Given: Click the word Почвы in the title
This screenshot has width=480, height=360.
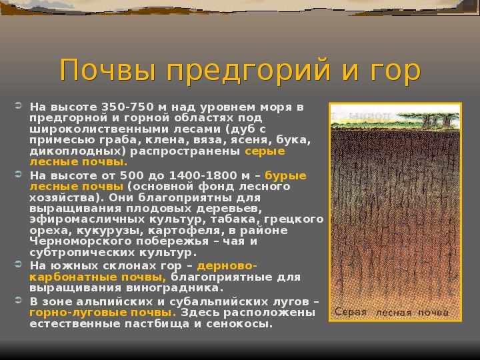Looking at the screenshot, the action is pyautogui.click(x=108, y=70).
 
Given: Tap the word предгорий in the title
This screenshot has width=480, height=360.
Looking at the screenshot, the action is pyautogui.click(x=248, y=71).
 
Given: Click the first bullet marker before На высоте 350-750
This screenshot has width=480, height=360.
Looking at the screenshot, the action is pyautogui.click(x=19, y=106).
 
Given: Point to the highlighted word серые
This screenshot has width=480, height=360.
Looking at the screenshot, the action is pyautogui.click(x=265, y=151).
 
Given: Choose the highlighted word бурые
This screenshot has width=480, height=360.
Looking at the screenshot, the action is pyautogui.click(x=285, y=176).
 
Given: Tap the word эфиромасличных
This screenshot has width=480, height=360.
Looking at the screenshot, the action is pyautogui.click(x=87, y=219).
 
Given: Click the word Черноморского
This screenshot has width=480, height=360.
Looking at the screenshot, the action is pyautogui.click(x=81, y=241).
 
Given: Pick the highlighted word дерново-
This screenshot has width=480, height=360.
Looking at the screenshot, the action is pyautogui.click(x=227, y=266).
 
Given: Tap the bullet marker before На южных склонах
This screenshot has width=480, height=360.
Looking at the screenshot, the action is pyautogui.click(x=19, y=264).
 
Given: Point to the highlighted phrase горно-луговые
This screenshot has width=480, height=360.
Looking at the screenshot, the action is pyautogui.click(x=79, y=313).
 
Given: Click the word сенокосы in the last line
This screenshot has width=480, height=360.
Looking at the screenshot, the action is pyautogui.click(x=239, y=323).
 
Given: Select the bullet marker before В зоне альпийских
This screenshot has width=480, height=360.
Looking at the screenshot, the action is pyautogui.click(x=19, y=300).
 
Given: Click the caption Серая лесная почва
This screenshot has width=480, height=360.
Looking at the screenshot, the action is pyautogui.click(x=391, y=312).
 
